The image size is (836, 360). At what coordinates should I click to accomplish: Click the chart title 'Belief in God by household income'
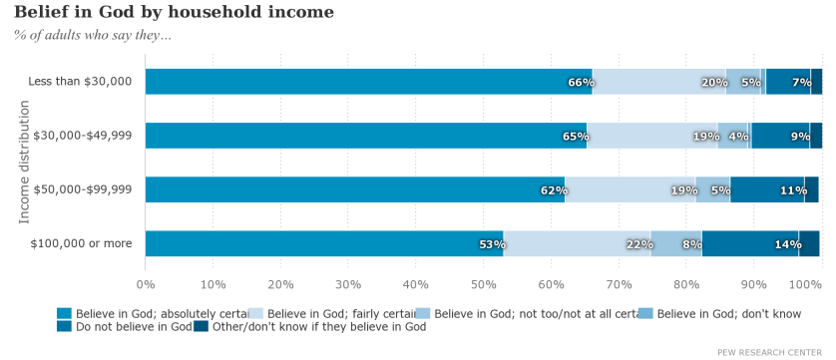[174, 12]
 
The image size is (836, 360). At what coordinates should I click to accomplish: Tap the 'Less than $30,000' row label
[80, 81]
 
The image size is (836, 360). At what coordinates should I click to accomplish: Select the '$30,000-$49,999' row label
[83, 135]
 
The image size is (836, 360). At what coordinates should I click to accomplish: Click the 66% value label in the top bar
[581, 82]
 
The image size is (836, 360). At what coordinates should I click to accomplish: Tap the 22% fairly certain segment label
[638, 243]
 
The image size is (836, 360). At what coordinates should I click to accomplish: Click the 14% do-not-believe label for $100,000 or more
[787, 243]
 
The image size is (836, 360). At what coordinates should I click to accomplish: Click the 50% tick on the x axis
[484, 285]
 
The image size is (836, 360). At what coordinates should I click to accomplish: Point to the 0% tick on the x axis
[146, 285]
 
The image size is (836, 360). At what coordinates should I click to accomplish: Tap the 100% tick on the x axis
[805, 285]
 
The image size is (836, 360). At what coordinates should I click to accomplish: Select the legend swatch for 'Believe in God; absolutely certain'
[64, 313]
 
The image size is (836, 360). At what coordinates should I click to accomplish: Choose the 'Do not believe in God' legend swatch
[64, 326]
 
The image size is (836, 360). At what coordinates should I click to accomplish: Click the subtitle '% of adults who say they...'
[92, 36]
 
